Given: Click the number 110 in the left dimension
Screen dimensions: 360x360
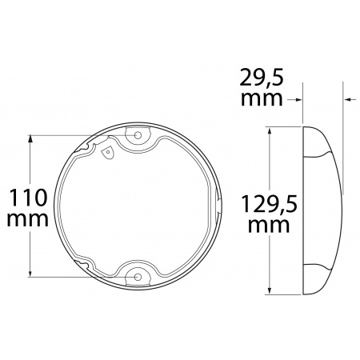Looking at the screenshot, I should pos(27,197).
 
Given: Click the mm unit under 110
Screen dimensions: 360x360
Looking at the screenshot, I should pos(27,218).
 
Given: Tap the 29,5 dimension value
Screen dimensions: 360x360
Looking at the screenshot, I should pos(262,78).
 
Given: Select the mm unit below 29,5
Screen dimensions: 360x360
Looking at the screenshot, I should pos(262,99).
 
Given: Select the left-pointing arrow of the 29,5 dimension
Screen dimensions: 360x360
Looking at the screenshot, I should pos(349,100).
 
